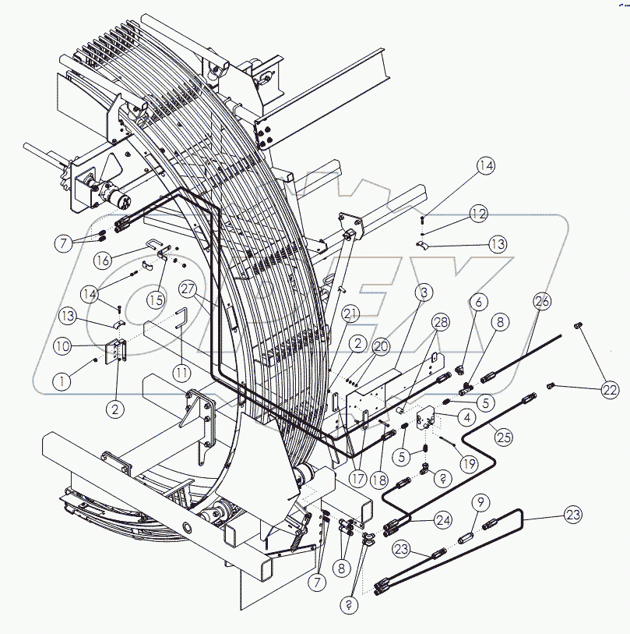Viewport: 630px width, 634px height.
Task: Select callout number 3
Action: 424,293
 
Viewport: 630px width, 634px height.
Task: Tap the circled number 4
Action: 466,417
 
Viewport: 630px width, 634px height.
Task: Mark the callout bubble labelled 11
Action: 181,373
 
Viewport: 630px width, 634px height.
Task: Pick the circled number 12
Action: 478,213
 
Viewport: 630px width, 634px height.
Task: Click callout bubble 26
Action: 543,300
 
